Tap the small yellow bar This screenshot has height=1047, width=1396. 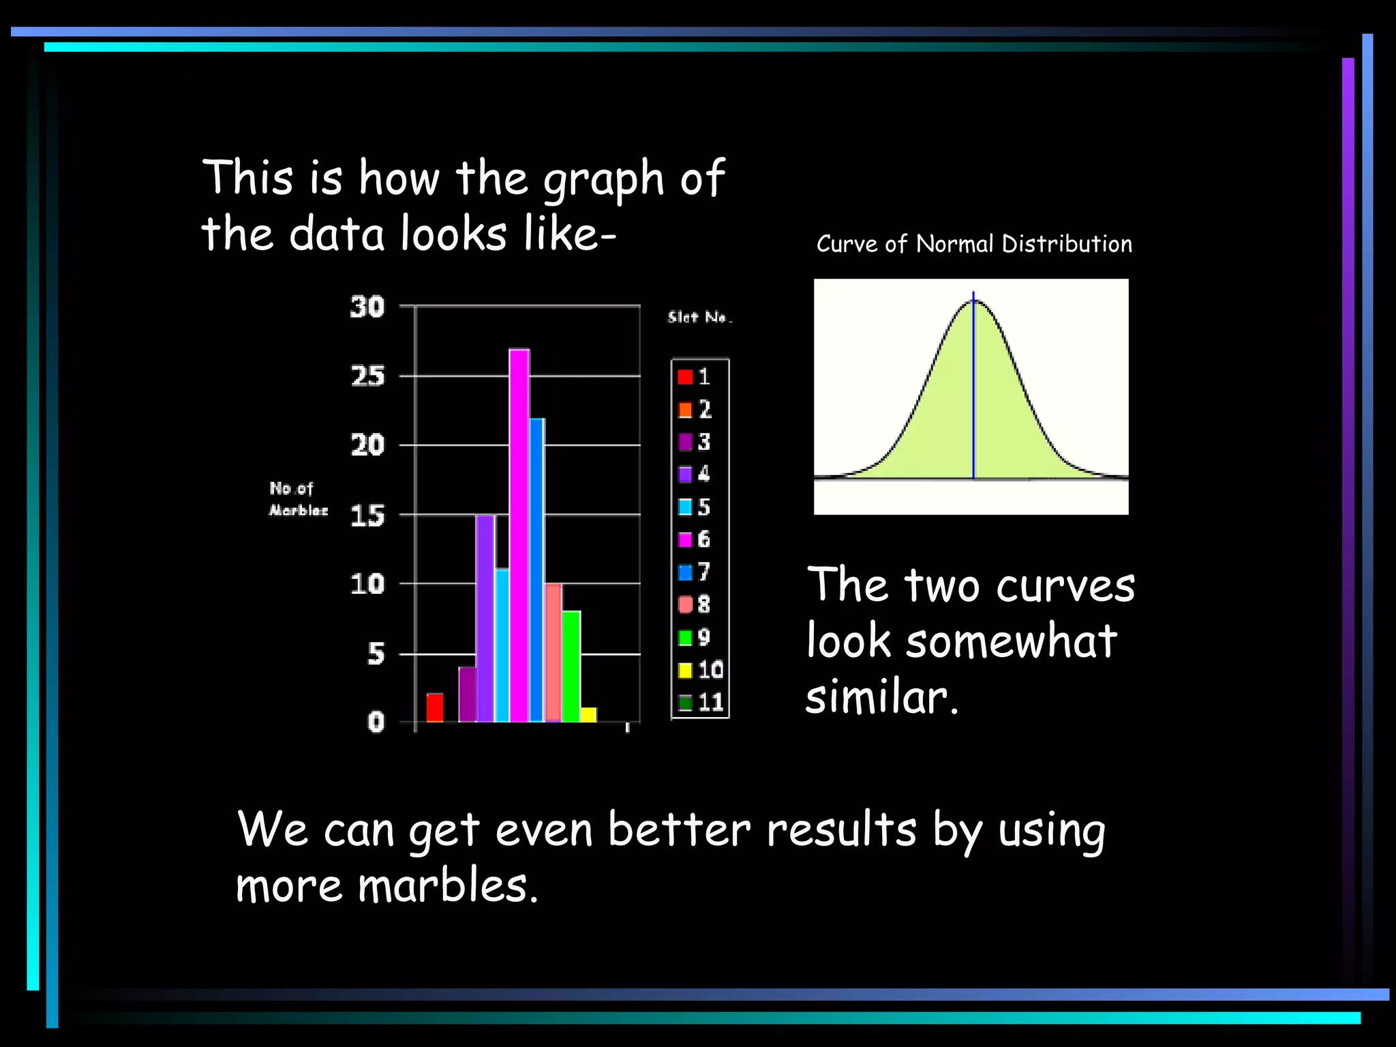click(588, 714)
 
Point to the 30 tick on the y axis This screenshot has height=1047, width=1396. click(367, 307)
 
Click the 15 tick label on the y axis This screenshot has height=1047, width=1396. click(367, 516)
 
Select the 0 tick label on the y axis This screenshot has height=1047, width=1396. click(376, 722)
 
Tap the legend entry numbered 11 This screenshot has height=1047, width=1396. click(701, 702)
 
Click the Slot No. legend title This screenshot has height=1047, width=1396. click(699, 317)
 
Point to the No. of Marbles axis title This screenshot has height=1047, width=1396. click(298, 499)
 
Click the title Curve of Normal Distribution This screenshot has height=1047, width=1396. click(974, 244)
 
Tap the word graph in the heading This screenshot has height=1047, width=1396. click(603, 179)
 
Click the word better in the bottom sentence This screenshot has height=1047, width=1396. click(678, 830)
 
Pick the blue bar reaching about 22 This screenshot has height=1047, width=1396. click(537, 569)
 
